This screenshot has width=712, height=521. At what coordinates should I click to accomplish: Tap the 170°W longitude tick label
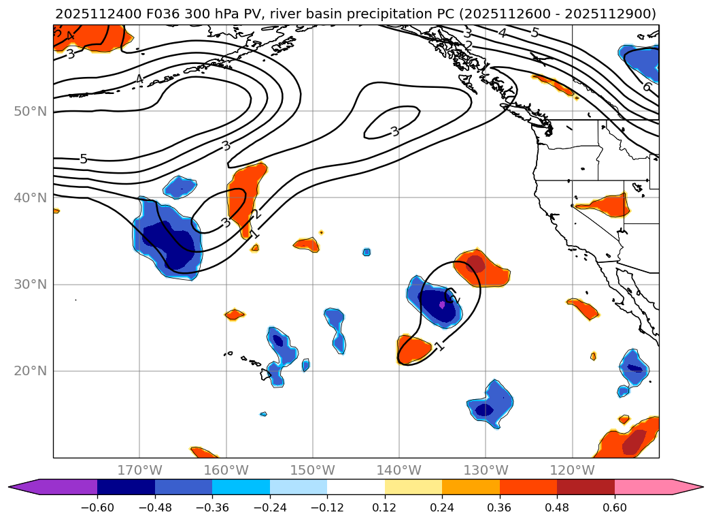pos(139,470)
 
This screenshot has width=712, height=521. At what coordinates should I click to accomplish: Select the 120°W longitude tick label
pos(572,470)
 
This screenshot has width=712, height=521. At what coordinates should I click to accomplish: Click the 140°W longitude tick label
pos(399,470)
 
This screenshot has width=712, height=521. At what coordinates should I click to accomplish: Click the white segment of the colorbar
pos(356,487)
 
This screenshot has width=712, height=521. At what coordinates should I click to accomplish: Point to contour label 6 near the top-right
pos(646,86)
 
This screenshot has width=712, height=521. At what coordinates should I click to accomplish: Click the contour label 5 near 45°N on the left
pos(84,159)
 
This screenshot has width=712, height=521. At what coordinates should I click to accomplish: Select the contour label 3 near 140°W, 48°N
pos(394,131)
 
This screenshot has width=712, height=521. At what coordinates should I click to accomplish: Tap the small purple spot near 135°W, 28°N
pos(442,305)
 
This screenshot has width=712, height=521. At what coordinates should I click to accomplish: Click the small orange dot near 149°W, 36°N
pos(321,232)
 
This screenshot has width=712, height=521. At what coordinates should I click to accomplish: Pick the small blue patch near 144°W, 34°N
pos(367,252)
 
